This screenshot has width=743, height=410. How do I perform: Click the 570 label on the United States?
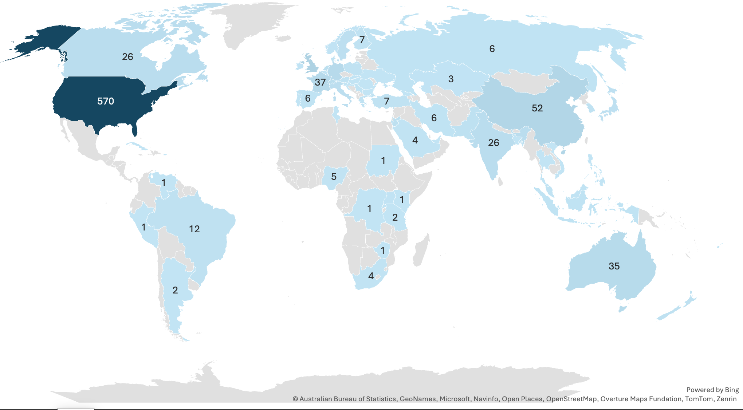[106, 101]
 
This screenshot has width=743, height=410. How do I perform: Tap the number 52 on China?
[537, 108]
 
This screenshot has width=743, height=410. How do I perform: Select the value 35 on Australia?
[614, 266]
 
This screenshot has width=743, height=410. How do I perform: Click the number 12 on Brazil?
[194, 229]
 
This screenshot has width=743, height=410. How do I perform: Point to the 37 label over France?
[320, 82]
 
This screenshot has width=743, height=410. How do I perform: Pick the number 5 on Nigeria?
[334, 177]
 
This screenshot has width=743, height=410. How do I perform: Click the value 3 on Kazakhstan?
[451, 79]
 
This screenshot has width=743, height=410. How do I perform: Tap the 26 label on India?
[494, 143]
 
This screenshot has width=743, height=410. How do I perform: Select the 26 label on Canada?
[127, 57]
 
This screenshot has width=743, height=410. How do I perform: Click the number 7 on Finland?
[362, 40]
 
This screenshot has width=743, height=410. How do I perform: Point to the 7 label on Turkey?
[387, 101]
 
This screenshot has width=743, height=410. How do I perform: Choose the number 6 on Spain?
[308, 98]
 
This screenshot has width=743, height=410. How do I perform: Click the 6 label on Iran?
[434, 118]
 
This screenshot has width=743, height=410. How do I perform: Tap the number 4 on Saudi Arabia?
[415, 140]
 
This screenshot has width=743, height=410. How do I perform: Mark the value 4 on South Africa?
[371, 276]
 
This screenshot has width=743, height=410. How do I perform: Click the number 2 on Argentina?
[175, 290]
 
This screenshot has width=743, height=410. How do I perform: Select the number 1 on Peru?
[144, 227]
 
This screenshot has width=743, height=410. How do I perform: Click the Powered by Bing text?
[712, 390]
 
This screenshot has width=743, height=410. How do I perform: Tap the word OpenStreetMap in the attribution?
[571, 399]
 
